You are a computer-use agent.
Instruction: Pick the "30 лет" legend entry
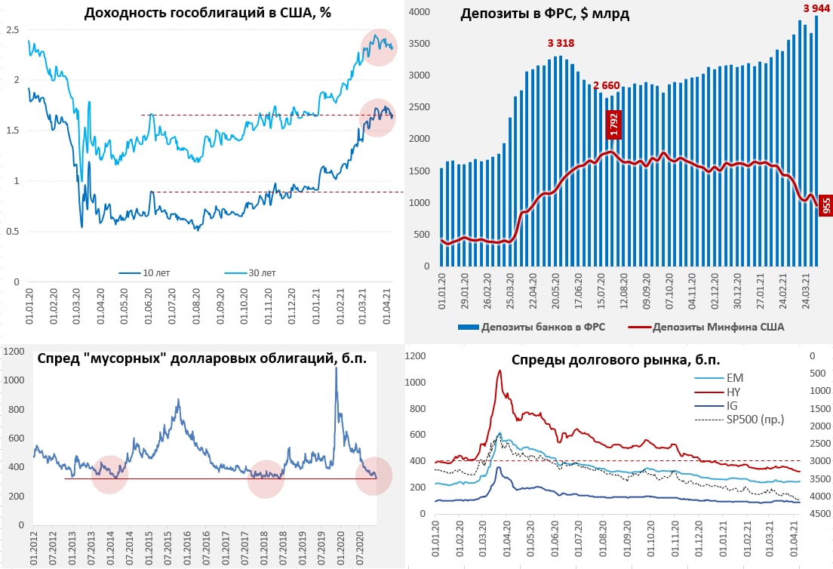coord(261,272)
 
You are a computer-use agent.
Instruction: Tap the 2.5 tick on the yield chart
coord(11,29)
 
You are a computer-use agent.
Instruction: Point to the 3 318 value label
coord(561,43)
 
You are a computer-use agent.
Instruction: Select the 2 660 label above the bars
coord(607,84)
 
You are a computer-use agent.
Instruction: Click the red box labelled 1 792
coord(613,125)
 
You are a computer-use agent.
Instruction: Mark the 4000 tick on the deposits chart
coord(421,12)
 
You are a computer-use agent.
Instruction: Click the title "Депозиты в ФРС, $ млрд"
coord(545,14)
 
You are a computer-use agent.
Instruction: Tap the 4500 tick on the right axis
coord(819,514)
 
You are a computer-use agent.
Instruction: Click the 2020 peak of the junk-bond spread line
coord(336,368)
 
